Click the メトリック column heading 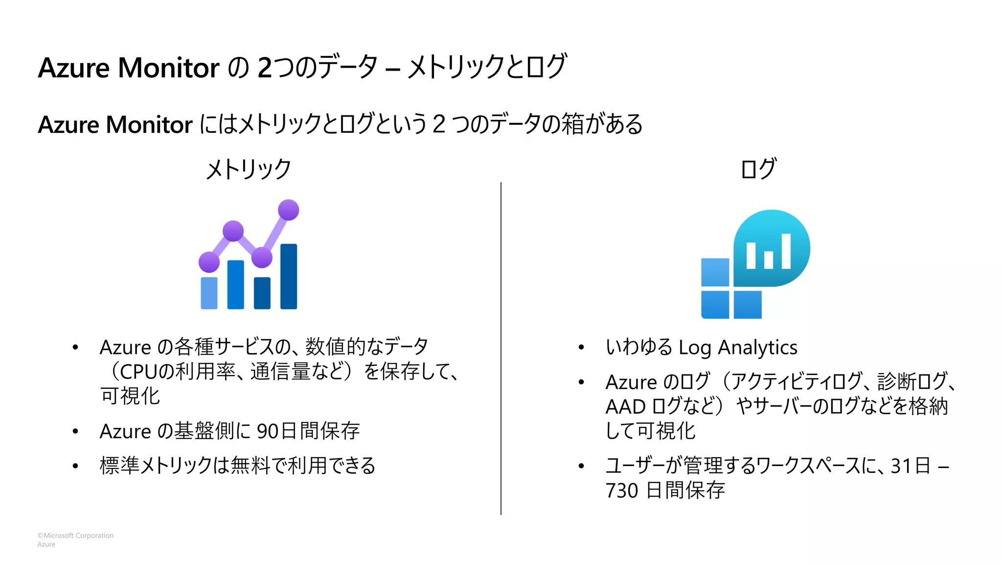249,169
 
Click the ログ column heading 758,169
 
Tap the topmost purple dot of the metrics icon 288,210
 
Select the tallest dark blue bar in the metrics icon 288,277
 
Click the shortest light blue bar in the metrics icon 209,293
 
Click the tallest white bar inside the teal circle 786,251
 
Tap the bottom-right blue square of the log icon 748,305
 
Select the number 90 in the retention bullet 268,431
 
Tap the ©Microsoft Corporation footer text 75,536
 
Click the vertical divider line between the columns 501,348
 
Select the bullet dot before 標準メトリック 75,466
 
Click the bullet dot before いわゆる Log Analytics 581,348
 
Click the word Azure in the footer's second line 46,544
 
